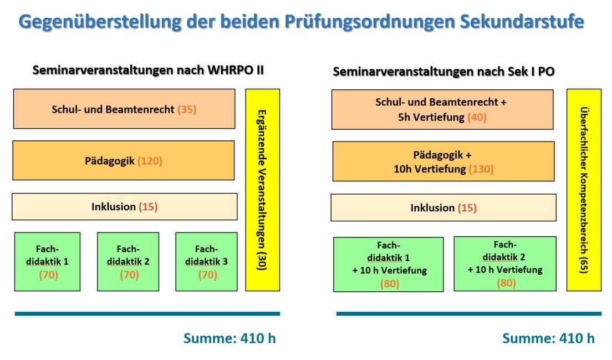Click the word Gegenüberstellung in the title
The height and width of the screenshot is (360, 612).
tap(100, 22)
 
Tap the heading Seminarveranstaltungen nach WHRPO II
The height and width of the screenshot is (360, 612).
tap(148, 70)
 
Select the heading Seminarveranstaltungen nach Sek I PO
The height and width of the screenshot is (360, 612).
tap(443, 72)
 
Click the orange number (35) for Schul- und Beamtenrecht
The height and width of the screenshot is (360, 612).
tap(187, 109)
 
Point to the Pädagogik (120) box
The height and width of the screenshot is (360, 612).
tap(123, 160)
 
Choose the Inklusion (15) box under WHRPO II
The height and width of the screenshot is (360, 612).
tap(125, 206)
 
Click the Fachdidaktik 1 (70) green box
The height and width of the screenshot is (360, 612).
tap(47, 262)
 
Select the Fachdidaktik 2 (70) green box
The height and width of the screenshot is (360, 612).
tap(128, 262)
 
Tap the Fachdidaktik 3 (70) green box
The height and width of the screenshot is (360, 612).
tap(206, 262)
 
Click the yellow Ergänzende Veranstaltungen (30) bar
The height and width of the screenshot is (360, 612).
tap(263, 190)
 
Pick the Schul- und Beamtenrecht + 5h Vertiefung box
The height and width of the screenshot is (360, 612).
tap(442, 110)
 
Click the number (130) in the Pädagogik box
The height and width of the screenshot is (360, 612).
tap(481, 169)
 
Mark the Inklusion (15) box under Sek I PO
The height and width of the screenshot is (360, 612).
tap(443, 207)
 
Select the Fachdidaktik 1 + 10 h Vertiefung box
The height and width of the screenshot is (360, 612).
tap(389, 265)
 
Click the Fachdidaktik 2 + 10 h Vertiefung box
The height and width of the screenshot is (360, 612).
tap(505, 263)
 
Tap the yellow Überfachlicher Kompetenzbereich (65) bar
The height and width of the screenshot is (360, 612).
tap(584, 190)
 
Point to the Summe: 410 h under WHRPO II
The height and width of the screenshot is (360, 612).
tap(229, 338)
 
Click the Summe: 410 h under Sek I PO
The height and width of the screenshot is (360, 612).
tap(548, 338)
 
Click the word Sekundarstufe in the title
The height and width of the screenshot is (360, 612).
tap(522, 22)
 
